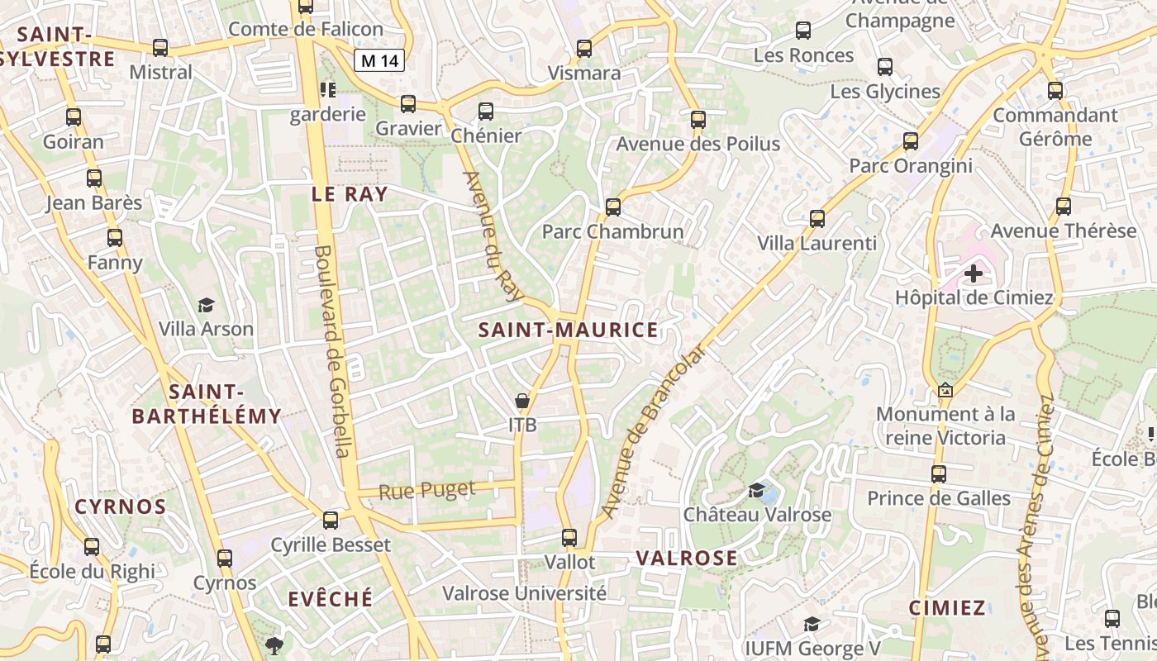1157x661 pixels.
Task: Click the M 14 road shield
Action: click(x=379, y=59)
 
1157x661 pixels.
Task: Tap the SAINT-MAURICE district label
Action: click(x=569, y=330)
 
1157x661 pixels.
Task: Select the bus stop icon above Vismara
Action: click(x=584, y=49)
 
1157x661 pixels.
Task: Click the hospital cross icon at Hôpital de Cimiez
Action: click(x=974, y=273)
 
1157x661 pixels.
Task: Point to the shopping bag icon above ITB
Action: click(x=522, y=402)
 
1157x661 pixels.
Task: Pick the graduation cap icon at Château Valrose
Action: click(x=756, y=491)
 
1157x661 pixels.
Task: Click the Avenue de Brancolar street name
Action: click(x=654, y=430)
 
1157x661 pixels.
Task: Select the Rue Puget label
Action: click(x=427, y=490)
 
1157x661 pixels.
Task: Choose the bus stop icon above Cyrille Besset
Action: click(x=331, y=521)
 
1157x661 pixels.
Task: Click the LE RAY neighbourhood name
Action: click(x=350, y=194)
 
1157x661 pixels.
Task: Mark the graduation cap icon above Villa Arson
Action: click(x=206, y=306)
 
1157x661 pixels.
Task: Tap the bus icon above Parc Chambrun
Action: click(x=613, y=207)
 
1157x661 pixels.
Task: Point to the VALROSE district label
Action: click(x=687, y=559)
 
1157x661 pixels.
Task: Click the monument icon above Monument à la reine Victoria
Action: click(x=945, y=390)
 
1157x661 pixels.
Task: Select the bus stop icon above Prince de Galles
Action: click(x=939, y=474)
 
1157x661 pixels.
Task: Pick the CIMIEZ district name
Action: click(x=947, y=609)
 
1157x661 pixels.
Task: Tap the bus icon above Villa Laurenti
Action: click(x=817, y=219)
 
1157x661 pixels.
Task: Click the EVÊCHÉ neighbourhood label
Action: click(x=331, y=599)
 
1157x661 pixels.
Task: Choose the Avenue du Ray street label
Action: click(x=494, y=236)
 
